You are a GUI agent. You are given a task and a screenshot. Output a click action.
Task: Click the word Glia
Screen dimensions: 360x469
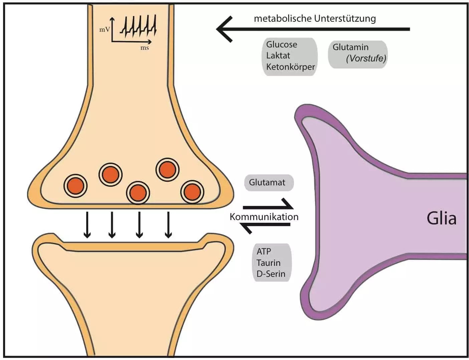pos(441,218)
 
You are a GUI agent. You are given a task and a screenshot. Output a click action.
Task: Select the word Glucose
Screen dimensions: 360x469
pos(281,44)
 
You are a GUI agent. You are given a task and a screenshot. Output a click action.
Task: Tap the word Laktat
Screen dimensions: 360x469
pos(278,55)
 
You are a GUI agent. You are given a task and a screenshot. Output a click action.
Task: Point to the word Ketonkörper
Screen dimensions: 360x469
pos(290,67)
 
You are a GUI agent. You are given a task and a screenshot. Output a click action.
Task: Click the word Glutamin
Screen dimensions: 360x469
pos(350,47)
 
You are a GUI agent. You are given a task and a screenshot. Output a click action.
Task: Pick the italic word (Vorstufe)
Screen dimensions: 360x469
pos(366,58)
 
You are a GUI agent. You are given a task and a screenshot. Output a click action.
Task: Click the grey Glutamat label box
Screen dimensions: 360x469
pos(269,183)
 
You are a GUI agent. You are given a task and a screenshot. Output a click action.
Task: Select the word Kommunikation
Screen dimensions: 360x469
pos(264,217)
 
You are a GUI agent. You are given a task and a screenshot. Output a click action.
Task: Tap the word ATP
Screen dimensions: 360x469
pos(264,251)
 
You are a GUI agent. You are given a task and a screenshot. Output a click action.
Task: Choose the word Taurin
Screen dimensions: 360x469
pos(268,263)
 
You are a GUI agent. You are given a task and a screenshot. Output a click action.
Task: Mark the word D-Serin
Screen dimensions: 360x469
pos(271,274)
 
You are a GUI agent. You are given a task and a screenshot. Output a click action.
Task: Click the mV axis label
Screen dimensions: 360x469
pos(105,29)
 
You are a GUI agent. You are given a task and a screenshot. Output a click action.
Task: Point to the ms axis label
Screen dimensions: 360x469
pos(145,48)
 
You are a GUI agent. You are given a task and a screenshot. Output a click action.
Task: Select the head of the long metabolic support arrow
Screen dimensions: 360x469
pos(223,29)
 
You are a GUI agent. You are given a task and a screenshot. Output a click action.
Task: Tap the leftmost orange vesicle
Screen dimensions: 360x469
pos(76,185)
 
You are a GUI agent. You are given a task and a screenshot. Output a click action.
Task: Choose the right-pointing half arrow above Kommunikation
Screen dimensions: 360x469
pos(267,206)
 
